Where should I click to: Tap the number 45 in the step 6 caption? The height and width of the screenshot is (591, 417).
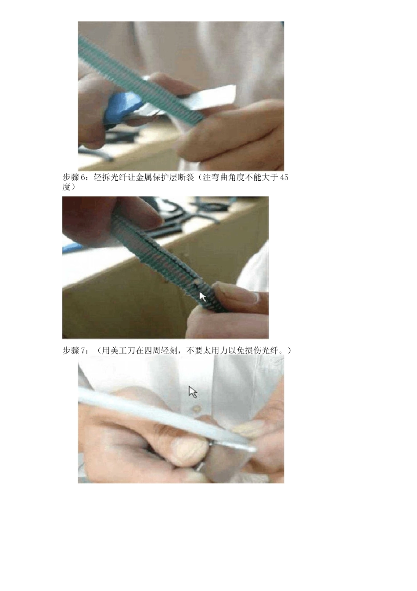[284, 177]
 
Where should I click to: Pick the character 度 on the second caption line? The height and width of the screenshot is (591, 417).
[66, 187]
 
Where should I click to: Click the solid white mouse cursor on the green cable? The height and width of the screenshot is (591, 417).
[202, 297]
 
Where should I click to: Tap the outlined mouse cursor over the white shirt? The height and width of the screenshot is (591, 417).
[193, 392]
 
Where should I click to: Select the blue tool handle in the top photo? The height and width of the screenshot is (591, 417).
[119, 108]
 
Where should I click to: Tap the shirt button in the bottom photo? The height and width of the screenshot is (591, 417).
[197, 409]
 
